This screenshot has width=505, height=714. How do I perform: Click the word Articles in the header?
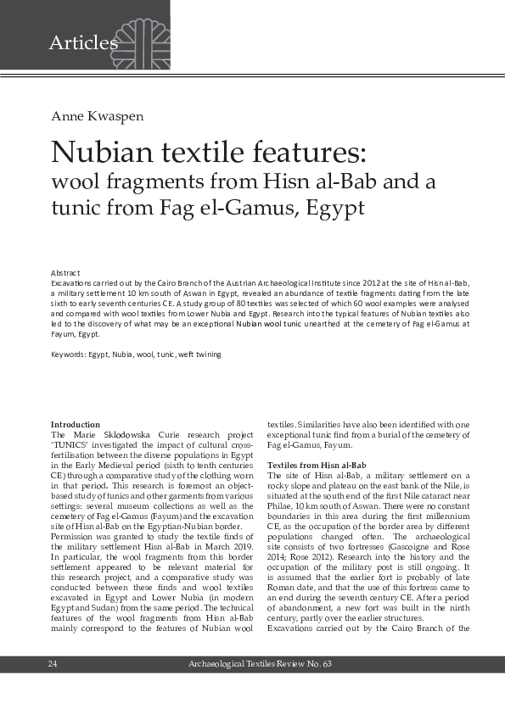coord(83,42)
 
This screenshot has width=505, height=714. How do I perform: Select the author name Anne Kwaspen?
coord(93,115)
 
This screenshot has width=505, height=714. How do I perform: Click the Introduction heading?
coord(76,424)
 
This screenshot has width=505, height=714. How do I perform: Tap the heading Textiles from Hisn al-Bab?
coord(317,466)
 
